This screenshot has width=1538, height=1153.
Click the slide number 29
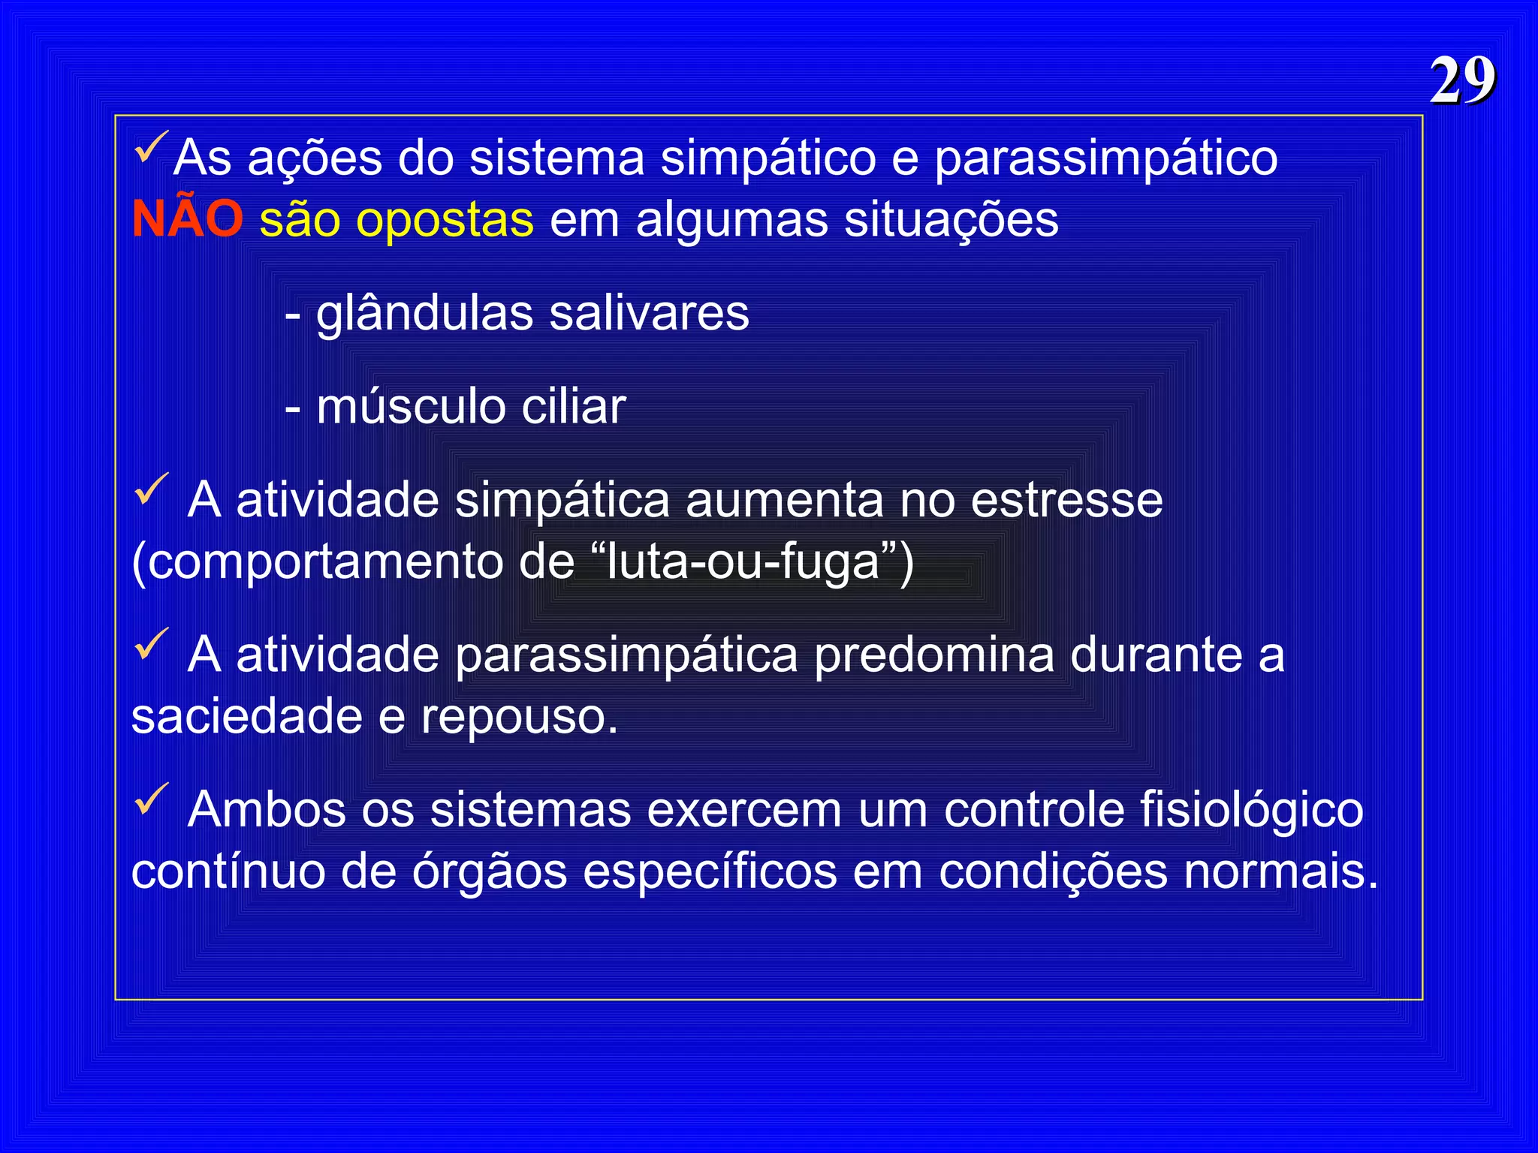(1462, 80)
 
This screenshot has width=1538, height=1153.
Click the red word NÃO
(188, 219)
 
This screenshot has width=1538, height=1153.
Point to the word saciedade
(247, 716)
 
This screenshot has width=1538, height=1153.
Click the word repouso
(518, 718)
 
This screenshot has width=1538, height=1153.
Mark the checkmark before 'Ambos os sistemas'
(152, 799)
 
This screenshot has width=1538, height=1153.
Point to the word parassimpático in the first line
(1105, 159)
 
